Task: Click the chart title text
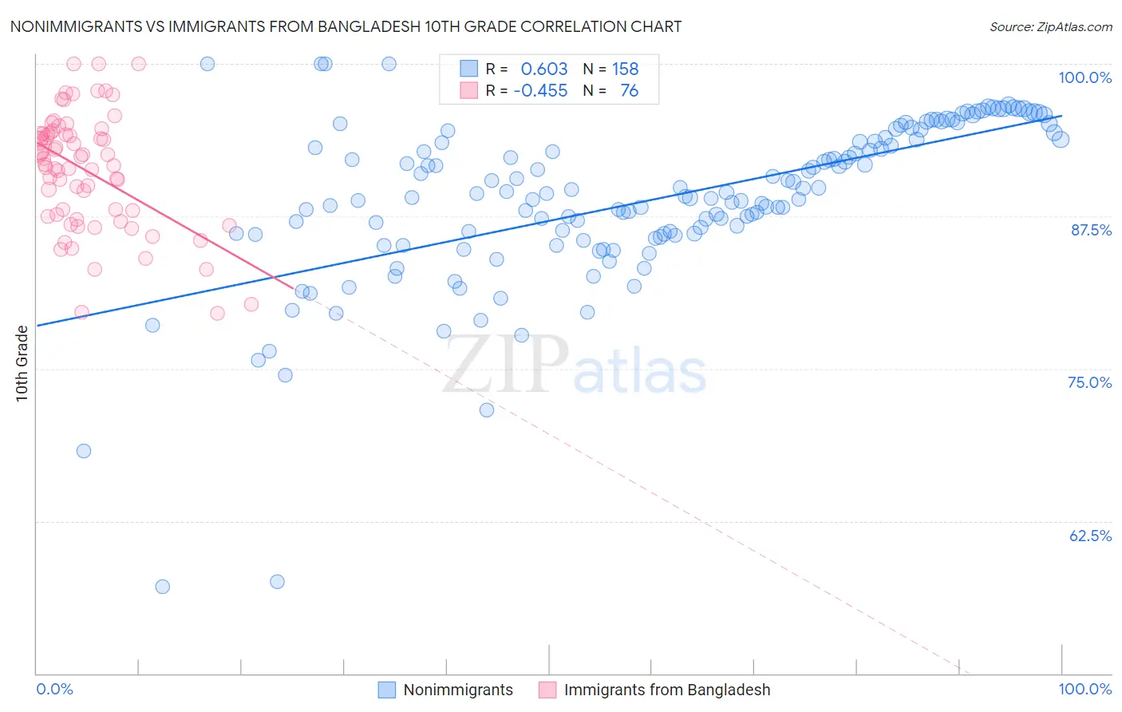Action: click(x=346, y=26)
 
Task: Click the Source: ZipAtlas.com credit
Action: click(x=1050, y=26)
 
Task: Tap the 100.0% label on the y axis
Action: click(x=1084, y=77)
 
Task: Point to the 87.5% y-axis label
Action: click(x=1090, y=230)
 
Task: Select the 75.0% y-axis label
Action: click(x=1089, y=382)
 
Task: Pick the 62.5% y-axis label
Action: click(x=1090, y=536)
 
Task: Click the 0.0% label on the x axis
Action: click(x=54, y=689)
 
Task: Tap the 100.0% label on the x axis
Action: click(x=1084, y=689)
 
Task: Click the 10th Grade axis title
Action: click(x=22, y=363)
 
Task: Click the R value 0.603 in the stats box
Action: click(x=544, y=69)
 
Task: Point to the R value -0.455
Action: click(x=540, y=91)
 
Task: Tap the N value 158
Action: click(x=625, y=69)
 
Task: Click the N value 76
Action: click(x=629, y=91)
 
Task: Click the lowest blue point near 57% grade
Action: click(x=163, y=587)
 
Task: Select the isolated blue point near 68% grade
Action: click(x=84, y=451)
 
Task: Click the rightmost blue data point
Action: click(x=1061, y=140)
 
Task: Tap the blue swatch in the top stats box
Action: click(x=468, y=69)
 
